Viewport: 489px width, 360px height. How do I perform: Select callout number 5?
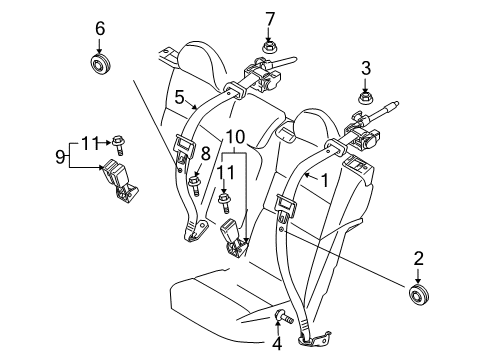coord(179,98)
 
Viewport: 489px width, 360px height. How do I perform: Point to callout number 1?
coord(323,181)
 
